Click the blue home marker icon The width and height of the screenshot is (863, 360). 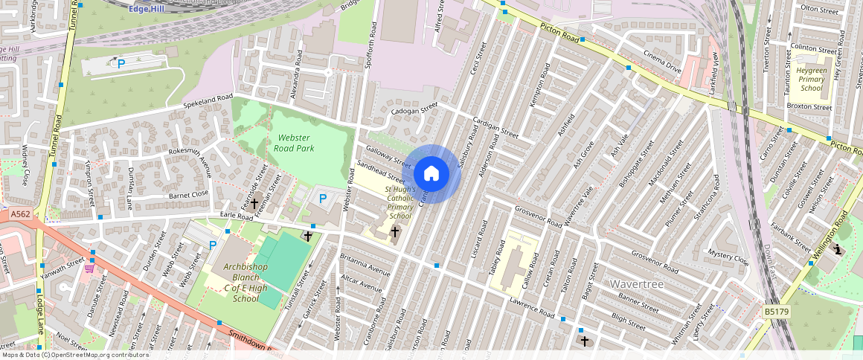431,173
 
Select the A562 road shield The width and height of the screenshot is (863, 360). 21,214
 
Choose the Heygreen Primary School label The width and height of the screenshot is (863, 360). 811,79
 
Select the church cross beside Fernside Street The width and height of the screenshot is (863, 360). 254,202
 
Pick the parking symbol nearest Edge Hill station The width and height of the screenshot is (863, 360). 121,64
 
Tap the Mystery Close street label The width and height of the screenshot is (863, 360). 728,257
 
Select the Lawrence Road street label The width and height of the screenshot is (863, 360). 531,308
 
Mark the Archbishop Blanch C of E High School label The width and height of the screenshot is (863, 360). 234,283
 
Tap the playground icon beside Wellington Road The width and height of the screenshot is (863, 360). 838,250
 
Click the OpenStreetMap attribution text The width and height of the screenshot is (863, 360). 74,355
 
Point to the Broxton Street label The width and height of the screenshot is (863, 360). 809,107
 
